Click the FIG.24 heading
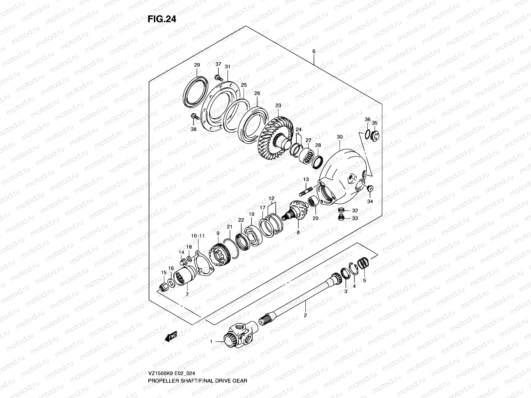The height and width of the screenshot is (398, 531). click(162, 19)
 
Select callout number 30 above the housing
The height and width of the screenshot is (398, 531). click(339, 137)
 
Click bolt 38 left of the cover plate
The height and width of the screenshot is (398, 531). click(194, 117)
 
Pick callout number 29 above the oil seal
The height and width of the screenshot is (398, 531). click(197, 65)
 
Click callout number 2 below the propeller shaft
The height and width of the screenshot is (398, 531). click(305, 315)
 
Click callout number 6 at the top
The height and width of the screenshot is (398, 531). click(314, 51)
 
